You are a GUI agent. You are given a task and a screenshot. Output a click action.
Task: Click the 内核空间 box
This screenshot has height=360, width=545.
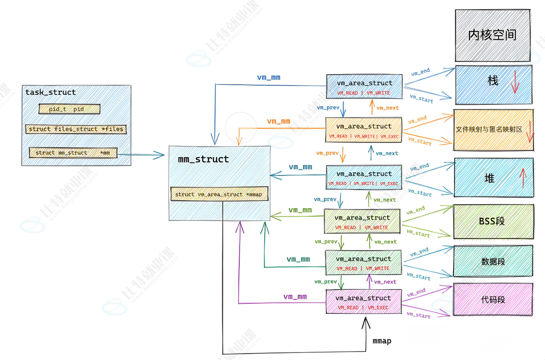492,35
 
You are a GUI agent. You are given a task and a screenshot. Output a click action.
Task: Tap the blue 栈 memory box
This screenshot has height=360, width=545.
493,84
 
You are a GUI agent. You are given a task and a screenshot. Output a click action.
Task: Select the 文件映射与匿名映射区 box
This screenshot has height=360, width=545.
493,129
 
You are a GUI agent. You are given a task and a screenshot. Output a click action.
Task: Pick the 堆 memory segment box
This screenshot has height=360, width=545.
493,178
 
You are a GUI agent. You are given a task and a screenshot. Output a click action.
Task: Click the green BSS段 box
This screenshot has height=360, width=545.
493,221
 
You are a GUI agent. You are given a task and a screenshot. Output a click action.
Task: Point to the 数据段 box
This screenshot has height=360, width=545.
493,261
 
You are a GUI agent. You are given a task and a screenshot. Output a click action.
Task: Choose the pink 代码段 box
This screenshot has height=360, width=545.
493,299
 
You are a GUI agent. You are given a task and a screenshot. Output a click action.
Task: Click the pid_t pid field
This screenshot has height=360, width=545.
69,109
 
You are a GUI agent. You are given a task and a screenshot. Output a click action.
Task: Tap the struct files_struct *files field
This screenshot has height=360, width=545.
76,129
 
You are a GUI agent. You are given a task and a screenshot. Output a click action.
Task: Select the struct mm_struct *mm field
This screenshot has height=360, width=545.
73,153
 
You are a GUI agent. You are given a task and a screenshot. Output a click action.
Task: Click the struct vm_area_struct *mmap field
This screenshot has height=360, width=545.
219,194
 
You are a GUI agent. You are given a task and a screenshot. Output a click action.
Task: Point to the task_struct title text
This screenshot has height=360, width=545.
51,92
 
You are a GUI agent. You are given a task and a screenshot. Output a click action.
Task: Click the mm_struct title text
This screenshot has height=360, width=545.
203,159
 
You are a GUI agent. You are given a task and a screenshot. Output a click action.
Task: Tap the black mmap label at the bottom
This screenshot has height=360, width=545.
382,341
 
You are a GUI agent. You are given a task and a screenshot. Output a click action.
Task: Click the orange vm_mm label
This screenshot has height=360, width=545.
279,122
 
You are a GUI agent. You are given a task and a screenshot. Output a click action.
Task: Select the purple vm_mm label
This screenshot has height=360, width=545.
295,297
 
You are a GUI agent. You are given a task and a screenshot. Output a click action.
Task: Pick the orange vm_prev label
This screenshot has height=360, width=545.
328,153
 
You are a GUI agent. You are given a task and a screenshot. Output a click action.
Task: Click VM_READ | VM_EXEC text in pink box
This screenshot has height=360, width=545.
363,308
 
